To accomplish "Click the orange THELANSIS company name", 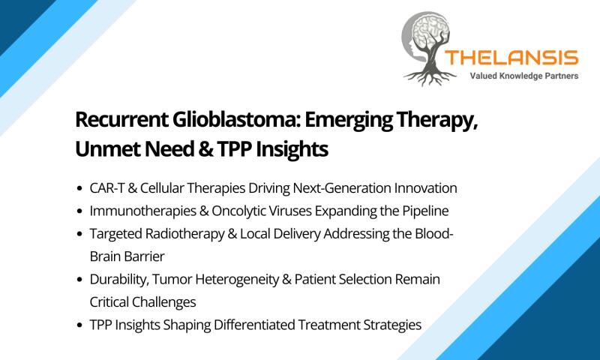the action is coord(511,58).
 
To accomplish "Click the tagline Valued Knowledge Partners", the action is coord(523,76).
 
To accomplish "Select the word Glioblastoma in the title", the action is coord(235,119).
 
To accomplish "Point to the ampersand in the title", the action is coord(205,148).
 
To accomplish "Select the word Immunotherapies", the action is coord(142,211).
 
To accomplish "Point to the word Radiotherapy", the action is coord(184,233).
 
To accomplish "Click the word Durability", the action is coord(119,279).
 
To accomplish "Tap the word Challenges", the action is coord(164,302).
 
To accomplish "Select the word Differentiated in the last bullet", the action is coord(254,325).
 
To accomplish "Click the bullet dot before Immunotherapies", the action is coord(79,211).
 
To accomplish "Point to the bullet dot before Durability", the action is coord(79,280).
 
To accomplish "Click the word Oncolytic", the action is coord(237,211).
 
